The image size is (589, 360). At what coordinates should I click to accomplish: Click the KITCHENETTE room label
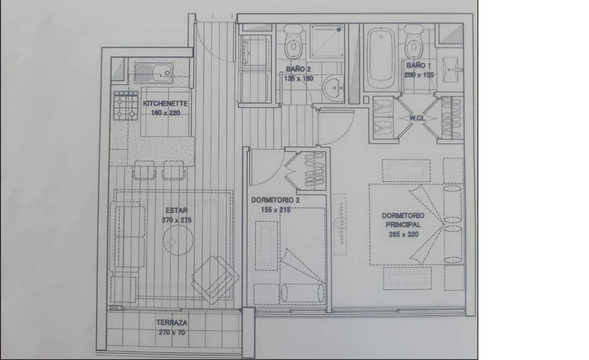point(165,104)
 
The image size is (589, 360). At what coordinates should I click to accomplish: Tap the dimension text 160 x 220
point(165,113)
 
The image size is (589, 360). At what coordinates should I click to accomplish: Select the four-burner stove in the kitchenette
point(126,106)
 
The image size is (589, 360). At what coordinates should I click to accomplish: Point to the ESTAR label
point(177,211)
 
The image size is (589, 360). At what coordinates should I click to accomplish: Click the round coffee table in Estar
point(178,240)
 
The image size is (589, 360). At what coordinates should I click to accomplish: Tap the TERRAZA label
point(172,323)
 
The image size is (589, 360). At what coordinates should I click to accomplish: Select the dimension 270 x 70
point(172,332)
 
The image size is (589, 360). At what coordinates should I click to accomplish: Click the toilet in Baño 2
point(293,42)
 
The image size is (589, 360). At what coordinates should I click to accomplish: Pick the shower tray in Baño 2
point(327,41)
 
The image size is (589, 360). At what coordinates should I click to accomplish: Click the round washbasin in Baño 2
point(333,87)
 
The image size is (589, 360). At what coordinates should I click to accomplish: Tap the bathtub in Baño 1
point(381,58)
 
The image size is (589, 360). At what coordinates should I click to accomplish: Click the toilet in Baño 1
point(414,42)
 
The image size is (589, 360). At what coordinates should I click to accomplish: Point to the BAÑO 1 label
point(418,65)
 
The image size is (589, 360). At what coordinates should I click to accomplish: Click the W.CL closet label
point(417,118)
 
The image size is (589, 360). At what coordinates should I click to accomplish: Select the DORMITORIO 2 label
point(275,200)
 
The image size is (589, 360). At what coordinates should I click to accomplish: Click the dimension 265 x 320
point(403,234)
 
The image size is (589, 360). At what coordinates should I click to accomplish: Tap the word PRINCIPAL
point(403,225)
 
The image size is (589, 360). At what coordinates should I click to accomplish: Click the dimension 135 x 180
point(298,79)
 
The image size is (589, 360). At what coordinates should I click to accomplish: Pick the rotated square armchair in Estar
point(215,280)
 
